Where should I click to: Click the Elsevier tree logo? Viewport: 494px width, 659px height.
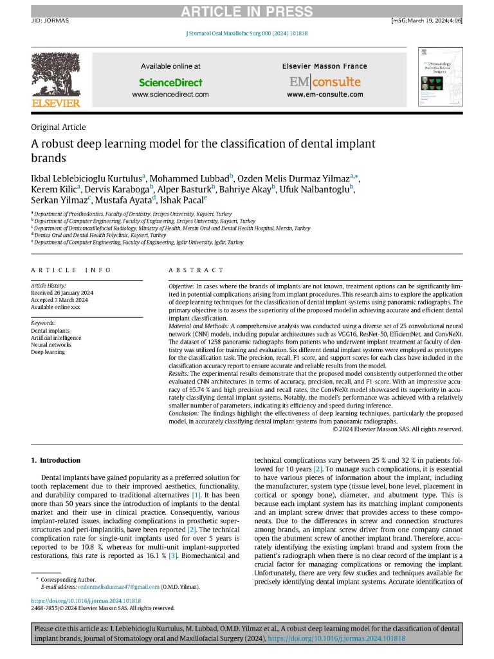click(x=55, y=77)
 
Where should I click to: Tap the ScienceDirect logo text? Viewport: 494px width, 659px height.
click(x=170, y=82)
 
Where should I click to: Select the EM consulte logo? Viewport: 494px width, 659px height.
click(x=324, y=82)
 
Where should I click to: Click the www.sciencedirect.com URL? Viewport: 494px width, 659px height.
click(x=170, y=95)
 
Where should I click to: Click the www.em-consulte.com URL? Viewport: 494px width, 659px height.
click(x=324, y=95)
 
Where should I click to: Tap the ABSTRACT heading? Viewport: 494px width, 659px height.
click(x=196, y=270)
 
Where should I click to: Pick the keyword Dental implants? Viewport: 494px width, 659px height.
click(x=50, y=331)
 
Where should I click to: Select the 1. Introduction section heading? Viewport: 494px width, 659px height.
click(x=56, y=461)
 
